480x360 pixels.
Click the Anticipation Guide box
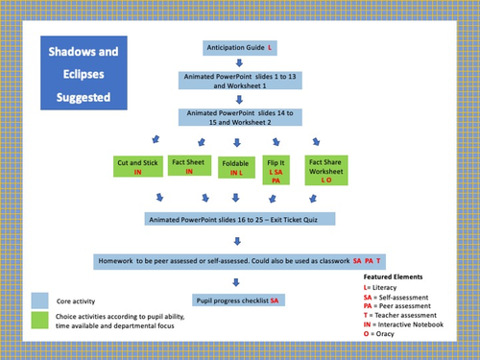pos(240,47)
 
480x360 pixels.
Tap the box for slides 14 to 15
pos(240,117)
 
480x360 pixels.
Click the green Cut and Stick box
pos(137,166)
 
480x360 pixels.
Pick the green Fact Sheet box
pos(190,165)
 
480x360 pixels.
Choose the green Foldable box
pos(236,167)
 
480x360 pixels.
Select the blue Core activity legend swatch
pos(39,299)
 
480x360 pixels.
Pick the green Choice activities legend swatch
pos(39,319)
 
